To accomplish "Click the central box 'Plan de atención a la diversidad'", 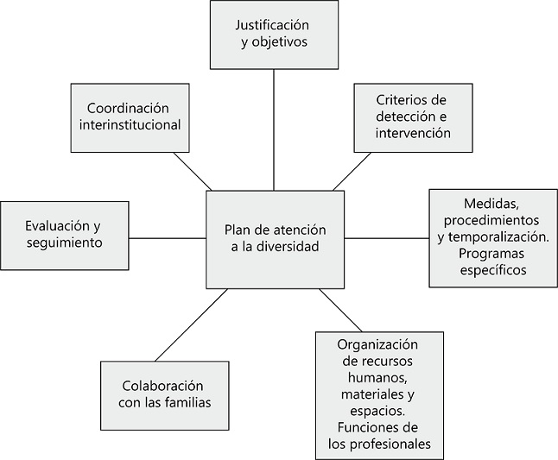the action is pos(275,239).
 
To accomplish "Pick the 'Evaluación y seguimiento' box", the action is pos(64,236).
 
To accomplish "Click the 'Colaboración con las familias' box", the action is pos(155,394).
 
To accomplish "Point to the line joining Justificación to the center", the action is pos(275,129).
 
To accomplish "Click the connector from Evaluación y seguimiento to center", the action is pos(167,236).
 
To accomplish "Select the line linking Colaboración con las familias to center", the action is pos(190,325).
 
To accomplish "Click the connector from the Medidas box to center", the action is pos(386,237).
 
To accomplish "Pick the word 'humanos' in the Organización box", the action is pos(379,378).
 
